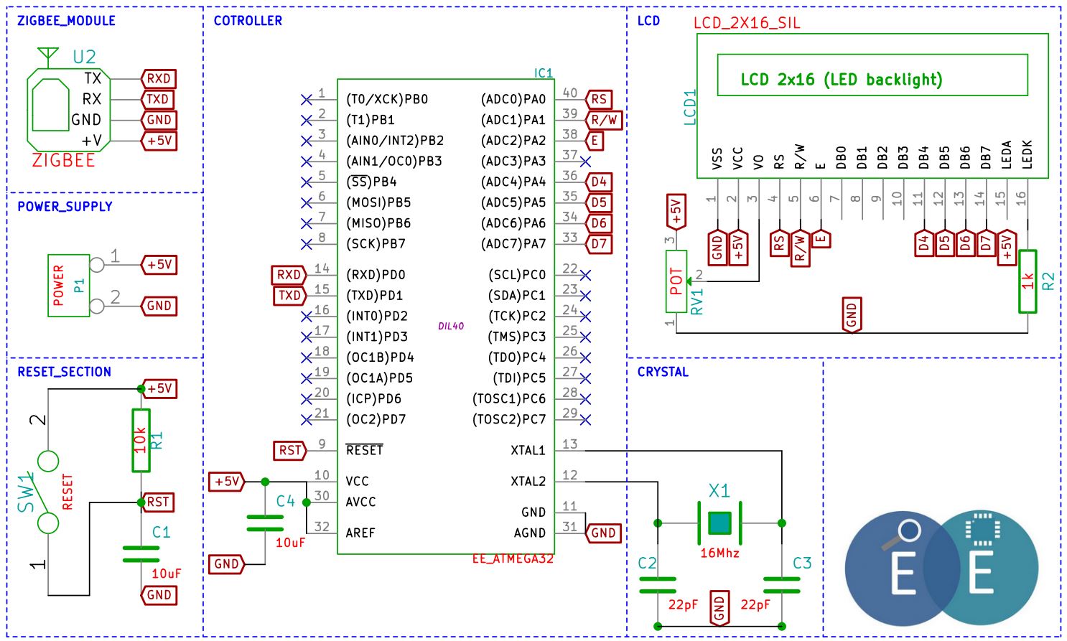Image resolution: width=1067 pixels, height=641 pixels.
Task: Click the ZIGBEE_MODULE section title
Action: (x=66, y=21)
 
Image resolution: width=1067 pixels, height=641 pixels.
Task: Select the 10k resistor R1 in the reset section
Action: (x=141, y=441)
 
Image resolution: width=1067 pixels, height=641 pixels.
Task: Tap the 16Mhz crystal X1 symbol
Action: (x=719, y=523)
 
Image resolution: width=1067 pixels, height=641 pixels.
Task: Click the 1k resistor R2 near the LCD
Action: (x=1028, y=281)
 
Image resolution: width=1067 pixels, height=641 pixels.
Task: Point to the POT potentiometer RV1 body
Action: (x=676, y=281)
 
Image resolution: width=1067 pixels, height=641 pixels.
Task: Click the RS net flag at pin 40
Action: (x=598, y=99)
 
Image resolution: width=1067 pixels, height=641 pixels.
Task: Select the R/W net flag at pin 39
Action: (x=604, y=120)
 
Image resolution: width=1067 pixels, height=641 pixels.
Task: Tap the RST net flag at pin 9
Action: (x=289, y=450)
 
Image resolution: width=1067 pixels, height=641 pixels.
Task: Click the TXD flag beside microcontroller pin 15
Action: (x=289, y=295)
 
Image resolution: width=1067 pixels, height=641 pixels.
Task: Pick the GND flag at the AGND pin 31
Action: (x=603, y=533)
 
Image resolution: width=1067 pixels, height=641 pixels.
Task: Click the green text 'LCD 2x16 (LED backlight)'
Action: (x=841, y=79)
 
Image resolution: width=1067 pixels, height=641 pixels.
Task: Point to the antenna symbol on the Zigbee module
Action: (x=47, y=55)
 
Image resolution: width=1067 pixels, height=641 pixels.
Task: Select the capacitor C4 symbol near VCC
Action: (x=265, y=523)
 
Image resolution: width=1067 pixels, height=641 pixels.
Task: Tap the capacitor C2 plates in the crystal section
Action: (x=658, y=584)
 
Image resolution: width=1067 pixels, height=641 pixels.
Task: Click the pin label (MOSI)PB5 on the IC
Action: (x=378, y=202)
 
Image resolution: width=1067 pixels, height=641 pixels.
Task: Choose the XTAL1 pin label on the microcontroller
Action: (x=528, y=450)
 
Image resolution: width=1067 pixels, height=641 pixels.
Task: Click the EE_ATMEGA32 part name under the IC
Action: (x=513, y=558)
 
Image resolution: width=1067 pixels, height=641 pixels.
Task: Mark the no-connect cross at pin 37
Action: (x=586, y=162)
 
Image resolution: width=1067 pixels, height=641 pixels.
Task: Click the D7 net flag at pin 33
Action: (x=599, y=243)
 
